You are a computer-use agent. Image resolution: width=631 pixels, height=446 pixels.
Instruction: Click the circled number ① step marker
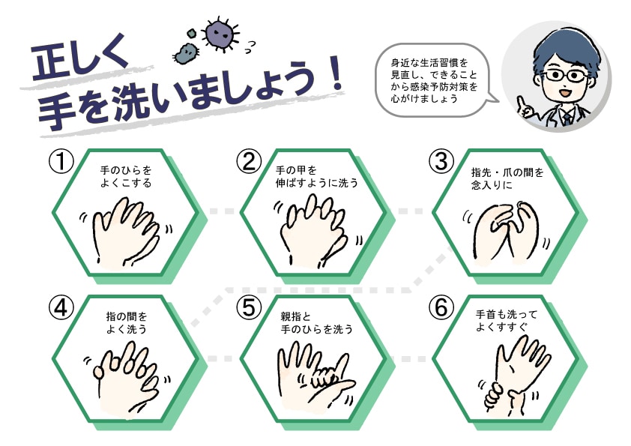point(60,163)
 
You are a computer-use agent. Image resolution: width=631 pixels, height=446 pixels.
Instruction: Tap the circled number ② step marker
point(249,162)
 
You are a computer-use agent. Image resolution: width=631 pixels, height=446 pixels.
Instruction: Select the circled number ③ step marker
point(441,162)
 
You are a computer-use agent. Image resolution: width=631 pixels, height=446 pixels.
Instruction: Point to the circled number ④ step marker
point(60,307)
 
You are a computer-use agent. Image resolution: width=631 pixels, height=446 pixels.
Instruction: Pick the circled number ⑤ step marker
point(249,307)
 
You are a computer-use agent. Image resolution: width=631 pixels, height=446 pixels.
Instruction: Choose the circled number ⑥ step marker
point(441,307)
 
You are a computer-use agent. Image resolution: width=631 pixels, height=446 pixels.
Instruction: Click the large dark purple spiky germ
point(219,31)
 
